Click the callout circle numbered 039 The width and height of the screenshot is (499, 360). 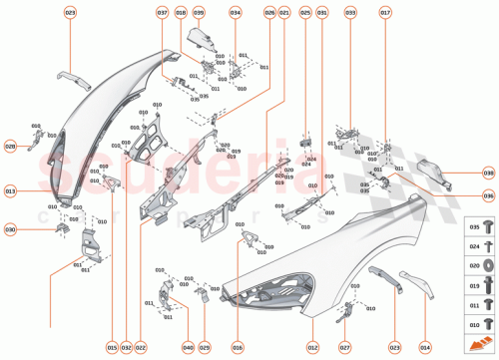point(199,12)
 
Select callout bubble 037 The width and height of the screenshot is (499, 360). point(163,12)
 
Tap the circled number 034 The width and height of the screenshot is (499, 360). point(236,12)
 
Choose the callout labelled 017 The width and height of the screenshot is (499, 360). point(385,12)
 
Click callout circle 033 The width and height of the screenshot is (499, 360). point(350,12)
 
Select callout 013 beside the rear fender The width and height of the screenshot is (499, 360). point(11,189)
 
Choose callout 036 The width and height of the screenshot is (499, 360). point(488,196)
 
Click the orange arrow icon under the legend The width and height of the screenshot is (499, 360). point(482,343)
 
